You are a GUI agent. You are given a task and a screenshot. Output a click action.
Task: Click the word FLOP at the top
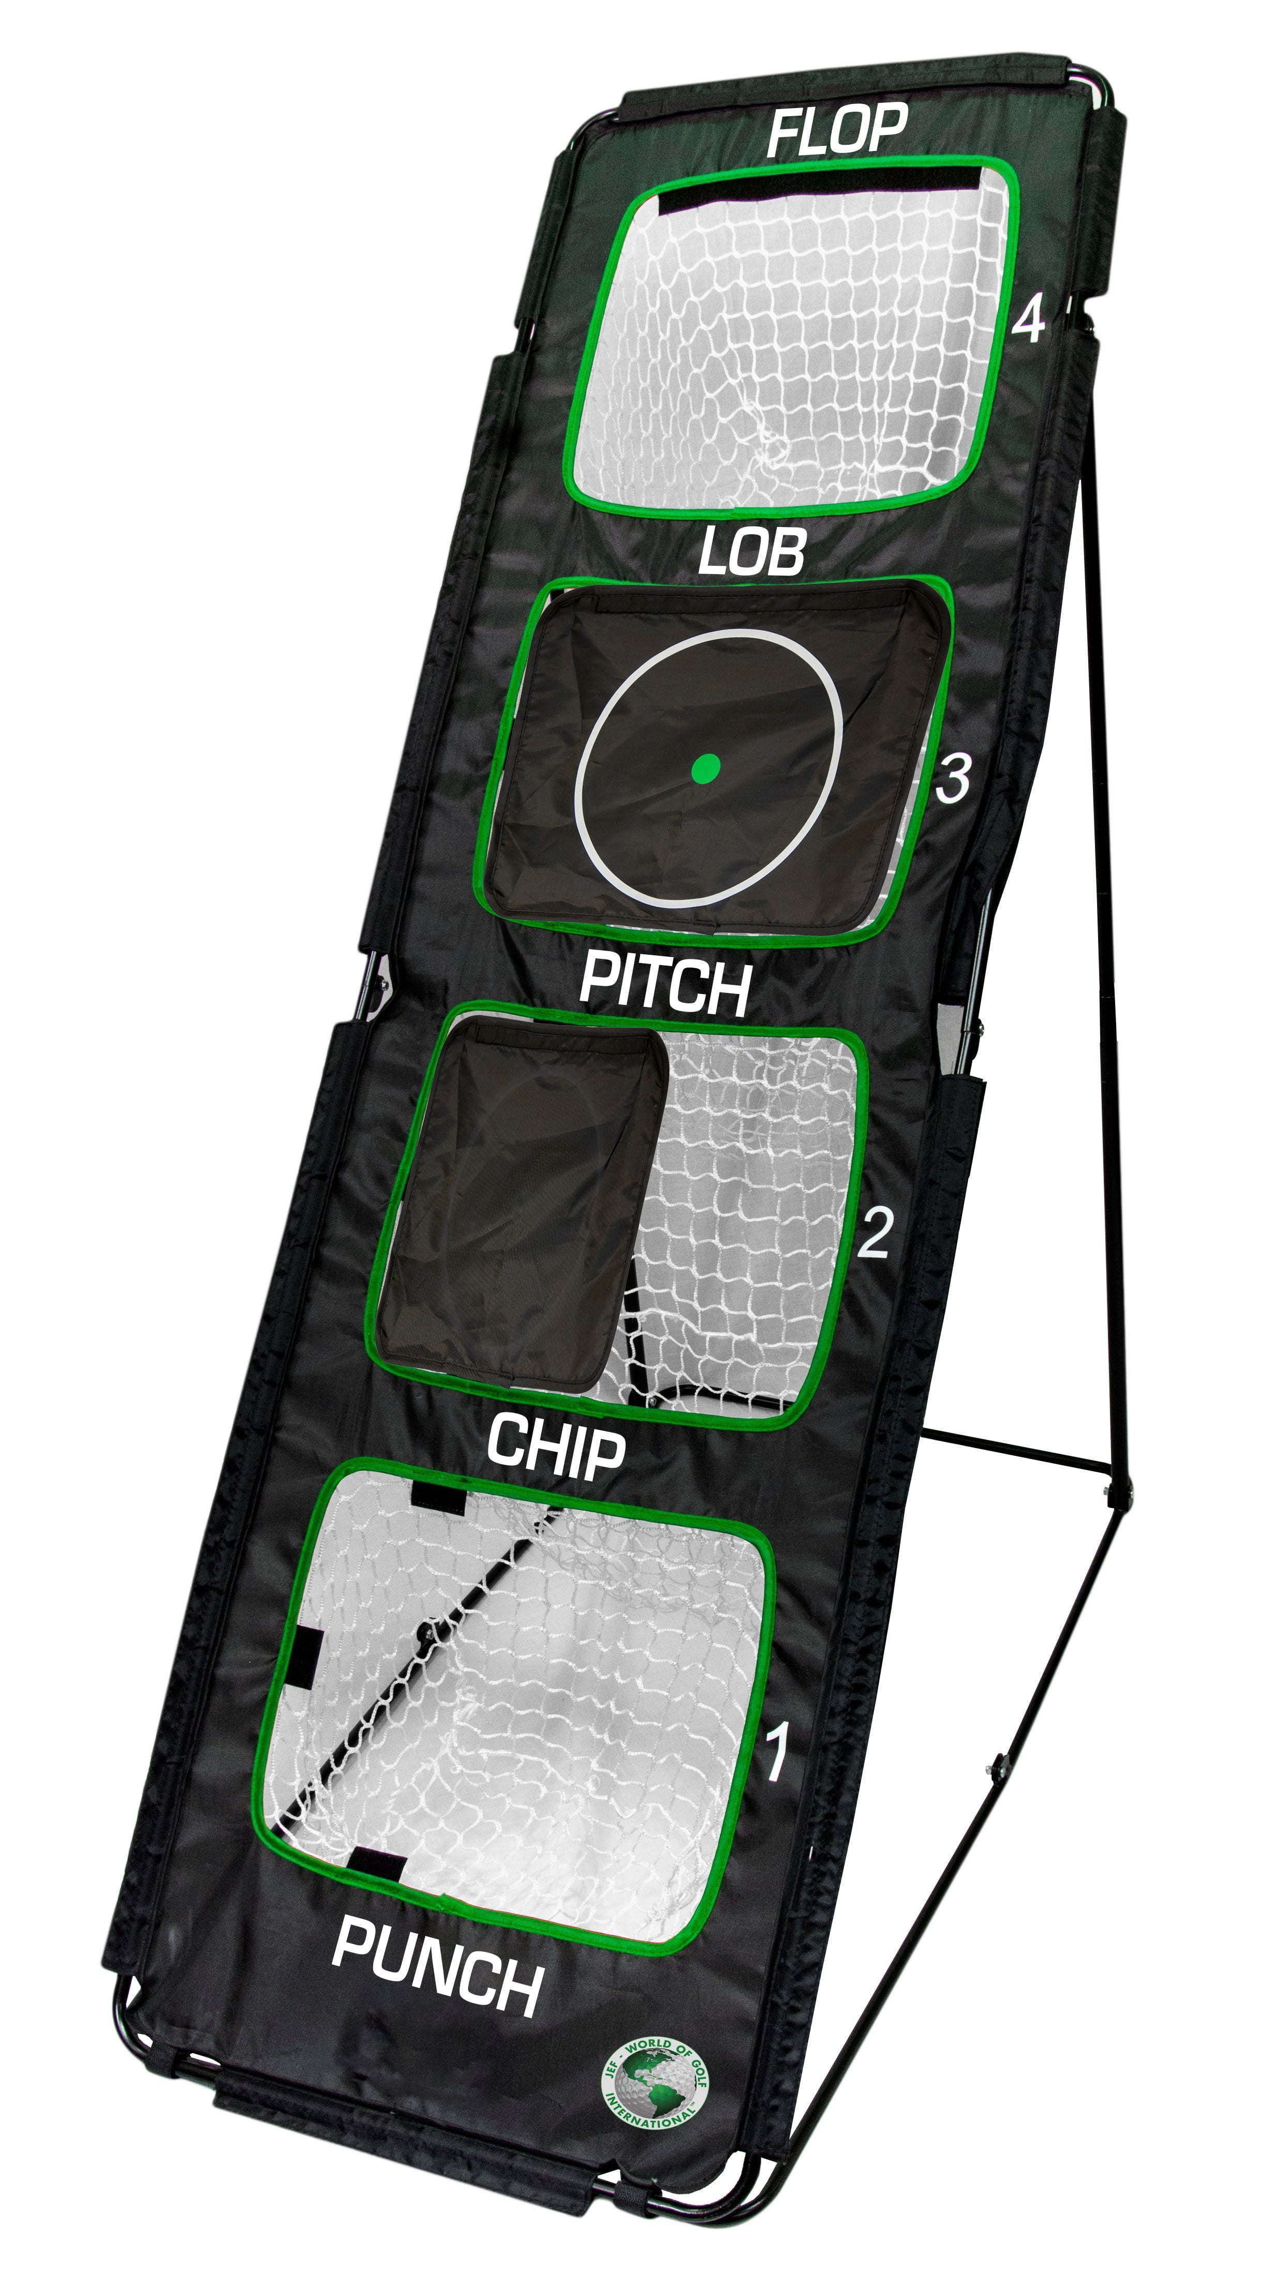(836, 130)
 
